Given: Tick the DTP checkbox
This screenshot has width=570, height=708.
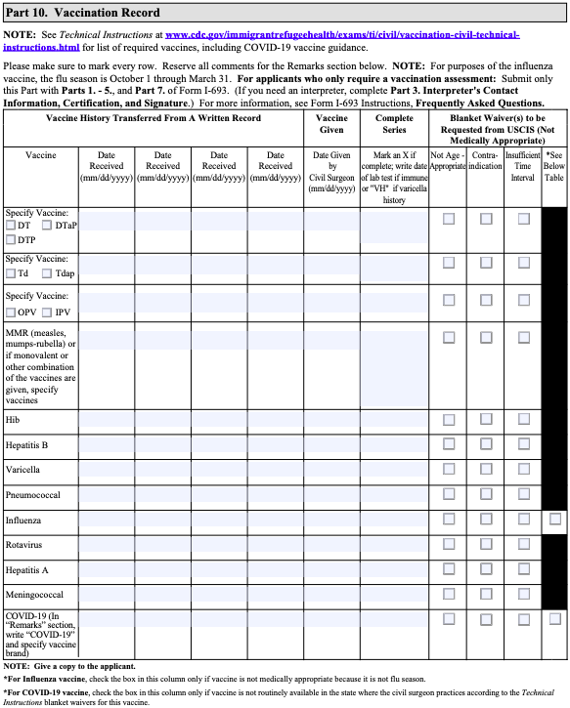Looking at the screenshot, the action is point(12,239).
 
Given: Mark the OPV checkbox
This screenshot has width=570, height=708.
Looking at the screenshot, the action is point(12,312).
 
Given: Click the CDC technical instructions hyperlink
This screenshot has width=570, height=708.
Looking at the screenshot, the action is point(342,35).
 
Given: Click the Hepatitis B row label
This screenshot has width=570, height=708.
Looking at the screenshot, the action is point(26,444).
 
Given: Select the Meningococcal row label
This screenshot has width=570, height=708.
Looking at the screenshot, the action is point(34,594).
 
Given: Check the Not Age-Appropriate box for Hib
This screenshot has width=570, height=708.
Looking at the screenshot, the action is point(449,420).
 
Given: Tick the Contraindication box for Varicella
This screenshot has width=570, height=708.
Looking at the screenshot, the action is point(486,470).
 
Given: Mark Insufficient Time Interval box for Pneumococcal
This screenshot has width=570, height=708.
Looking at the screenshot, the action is point(523,495).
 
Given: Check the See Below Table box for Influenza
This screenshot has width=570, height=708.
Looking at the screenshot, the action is point(555,519).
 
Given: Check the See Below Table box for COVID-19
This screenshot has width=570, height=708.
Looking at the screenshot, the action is point(555,618).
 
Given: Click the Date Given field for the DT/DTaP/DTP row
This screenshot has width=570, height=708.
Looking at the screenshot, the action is point(332,227).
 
